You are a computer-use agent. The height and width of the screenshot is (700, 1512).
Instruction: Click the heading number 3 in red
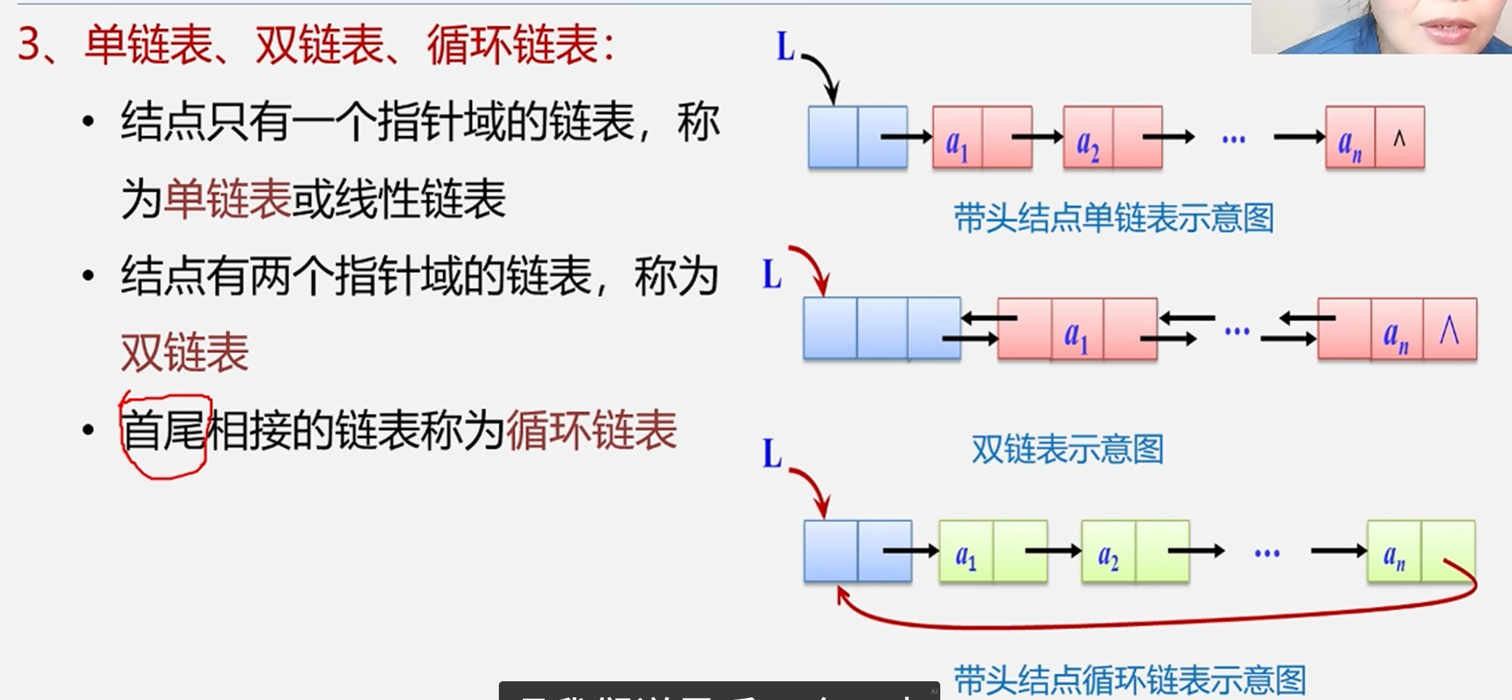tap(29, 45)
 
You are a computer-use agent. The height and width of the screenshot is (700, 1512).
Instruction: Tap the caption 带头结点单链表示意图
tap(1113, 219)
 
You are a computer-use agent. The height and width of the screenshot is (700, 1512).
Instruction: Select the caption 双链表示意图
tap(1067, 449)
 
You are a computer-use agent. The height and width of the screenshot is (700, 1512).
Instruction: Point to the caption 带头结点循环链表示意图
tap(1129, 680)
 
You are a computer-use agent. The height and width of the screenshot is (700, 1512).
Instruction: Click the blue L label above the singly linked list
tap(785, 47)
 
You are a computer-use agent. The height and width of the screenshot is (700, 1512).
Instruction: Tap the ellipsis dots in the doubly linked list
tap(1236, 330)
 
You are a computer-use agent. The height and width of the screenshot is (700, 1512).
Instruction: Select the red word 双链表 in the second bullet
tap(185, 353)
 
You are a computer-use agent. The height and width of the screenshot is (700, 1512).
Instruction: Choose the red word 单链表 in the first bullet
tap(227, 199)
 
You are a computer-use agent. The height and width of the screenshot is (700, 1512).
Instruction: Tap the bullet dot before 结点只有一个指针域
tap(88, 122)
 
